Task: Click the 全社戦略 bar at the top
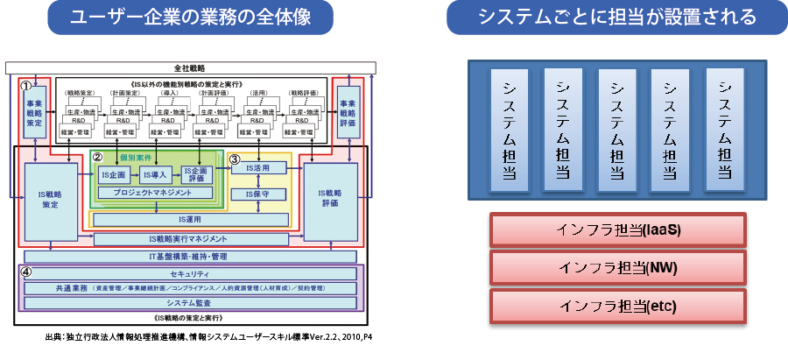190,67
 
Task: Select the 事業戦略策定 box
38,113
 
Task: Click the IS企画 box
115,174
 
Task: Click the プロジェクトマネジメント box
158,193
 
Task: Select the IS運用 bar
190,218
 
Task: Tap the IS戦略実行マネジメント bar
190,238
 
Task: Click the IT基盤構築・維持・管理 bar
190,256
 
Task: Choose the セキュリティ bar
190,273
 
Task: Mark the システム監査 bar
190,302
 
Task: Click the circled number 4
26,271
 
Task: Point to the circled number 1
27,87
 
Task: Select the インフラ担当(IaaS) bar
618,230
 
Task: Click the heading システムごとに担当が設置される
617,18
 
